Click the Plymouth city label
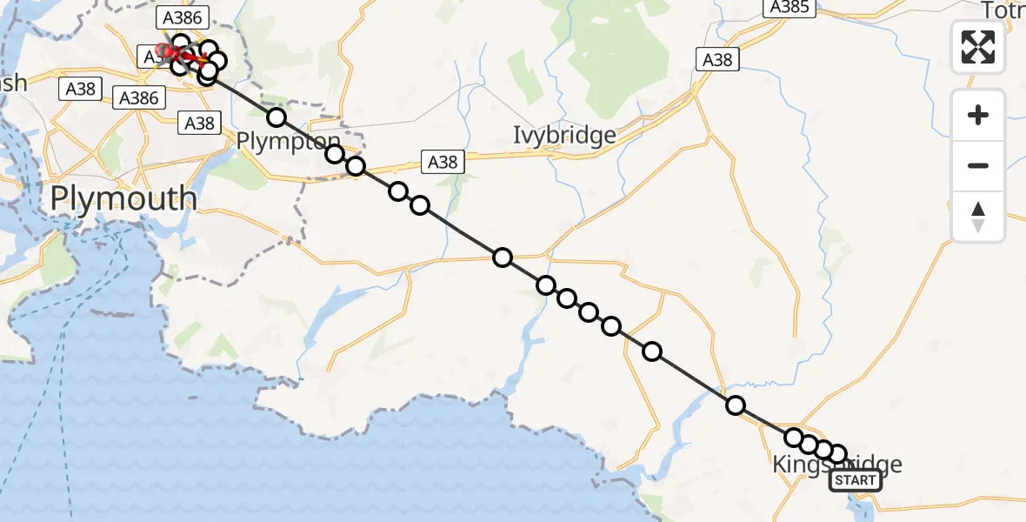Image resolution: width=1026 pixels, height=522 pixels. pyautogui.click(x=123, y=199)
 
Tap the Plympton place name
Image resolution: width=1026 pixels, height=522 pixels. pyautogui.click(x=289, y=142)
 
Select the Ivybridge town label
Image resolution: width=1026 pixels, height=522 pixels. pyautogui.click(x=564, y=136)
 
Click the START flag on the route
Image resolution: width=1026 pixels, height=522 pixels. pyautogui.click(x=856, y=480)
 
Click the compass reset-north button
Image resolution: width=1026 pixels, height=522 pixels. pyautogui.click(x=978, y=216)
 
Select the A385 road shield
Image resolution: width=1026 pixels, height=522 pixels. pyautogui.click(x=789, y=8)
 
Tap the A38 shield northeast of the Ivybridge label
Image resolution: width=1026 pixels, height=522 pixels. pyautogui.click(x=717, y=59)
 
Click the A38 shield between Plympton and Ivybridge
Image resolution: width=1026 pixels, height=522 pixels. pyautogui.click(x=442, y=161)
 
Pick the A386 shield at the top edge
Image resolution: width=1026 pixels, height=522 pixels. pyautogui.click(x=181, y=17)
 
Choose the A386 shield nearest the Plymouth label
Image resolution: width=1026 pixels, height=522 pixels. pyautogui.click(x=139, y=97)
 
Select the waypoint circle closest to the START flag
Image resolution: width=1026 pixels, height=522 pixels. pyautogui.click(x=837, y=454)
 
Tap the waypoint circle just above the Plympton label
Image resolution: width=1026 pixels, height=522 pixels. pyautogui.click(x=276, y=117)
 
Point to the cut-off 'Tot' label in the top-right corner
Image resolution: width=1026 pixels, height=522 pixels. pyautogui.click(x=1003, y=10)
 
